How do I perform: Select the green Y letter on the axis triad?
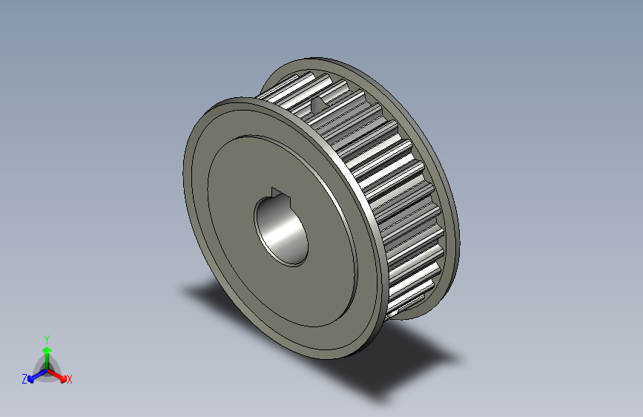47,338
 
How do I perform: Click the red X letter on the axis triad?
70,380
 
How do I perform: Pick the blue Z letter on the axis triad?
24,378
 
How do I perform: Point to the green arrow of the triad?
47,352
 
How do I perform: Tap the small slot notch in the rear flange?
319,105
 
